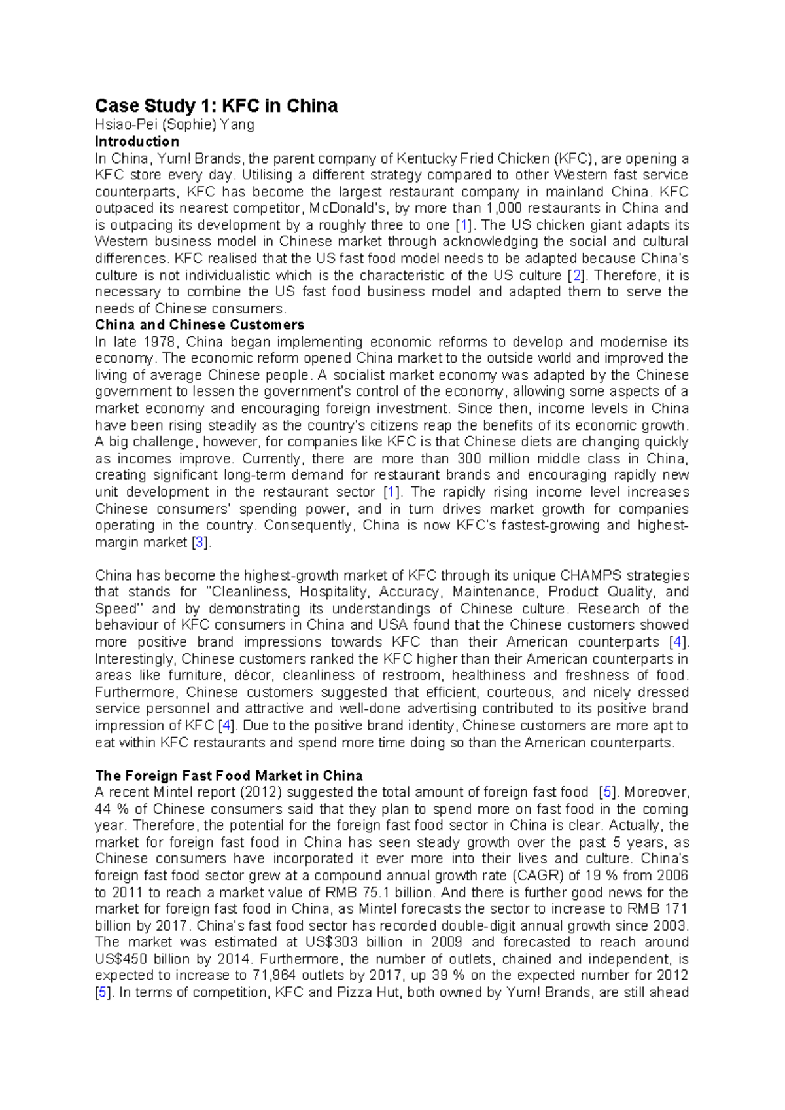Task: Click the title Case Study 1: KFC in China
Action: click(x=216, y=106)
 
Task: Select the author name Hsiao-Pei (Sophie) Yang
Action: click(x=175, y=124)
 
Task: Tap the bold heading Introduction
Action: click(x=137, y=141)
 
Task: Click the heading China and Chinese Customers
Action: click(x=200, y=325)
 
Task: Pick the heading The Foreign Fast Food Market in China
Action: click(x=229, y=776)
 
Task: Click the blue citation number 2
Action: click(x=576, y=275)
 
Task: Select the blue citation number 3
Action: click(x=200, y=542)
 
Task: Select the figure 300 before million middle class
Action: click(x=468, y=458)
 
